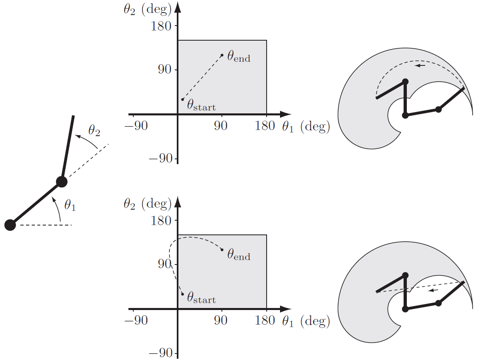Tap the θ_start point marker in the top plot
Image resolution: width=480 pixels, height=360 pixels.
click(182, 100)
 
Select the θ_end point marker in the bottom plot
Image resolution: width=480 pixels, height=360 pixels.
click(222, 249)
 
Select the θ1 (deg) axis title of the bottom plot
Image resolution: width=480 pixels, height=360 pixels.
click(306, 321)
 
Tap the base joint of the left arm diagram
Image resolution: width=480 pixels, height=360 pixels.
click(10, 225)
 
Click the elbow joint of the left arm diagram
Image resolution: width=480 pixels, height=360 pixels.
click(61, 182)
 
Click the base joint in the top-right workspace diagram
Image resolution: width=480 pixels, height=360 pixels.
click(405, 115)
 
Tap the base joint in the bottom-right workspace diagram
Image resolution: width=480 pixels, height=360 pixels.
click(405, 309)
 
